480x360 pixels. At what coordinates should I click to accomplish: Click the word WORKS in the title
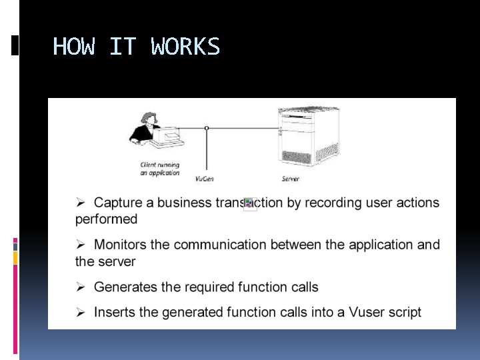tap(185, 47)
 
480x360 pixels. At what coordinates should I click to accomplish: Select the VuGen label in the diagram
tap(205, 179)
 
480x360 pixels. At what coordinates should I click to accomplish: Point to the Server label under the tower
tap(290, 179)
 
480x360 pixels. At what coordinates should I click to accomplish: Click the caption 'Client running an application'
tap(160, 169)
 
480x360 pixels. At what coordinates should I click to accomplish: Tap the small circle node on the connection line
tap(207, 127)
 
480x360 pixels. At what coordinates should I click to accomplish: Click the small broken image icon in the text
tap(250, 204)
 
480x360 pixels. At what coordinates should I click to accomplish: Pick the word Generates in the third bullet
tap(124, 287)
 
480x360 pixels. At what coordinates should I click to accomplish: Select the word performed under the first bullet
tap(106, 219)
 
